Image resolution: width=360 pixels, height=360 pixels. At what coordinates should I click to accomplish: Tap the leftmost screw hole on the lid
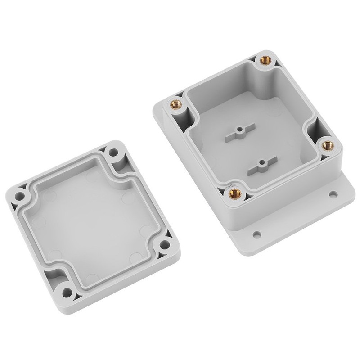coord(20,196)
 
